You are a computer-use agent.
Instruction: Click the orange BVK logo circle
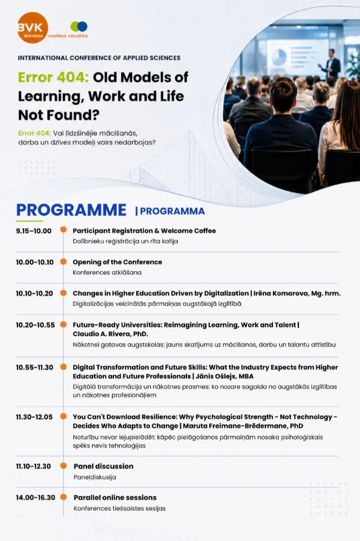pyautogui.click(x=33, y=28)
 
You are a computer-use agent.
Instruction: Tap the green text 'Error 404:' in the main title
pyautogui.click(x=54, y=77)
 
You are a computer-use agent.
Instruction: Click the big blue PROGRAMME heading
pyautogui.click(x=71, y=210)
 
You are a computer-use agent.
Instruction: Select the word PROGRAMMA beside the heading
pyautogui.click(x=172, y=211)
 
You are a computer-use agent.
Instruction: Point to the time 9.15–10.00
pyautogui.click(x=34, y=231)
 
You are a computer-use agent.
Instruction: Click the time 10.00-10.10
pyautogui.click(x=35, y=262)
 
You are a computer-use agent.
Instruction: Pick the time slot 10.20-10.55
pyautogui.click(x=35, y=325)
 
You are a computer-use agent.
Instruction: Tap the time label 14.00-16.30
pyautogui.click(x=36, y=498)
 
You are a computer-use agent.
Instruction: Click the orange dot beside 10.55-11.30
pyautogui.click(x=63, y=367)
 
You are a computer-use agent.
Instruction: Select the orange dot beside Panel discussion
pyautogui.click(x=63, y=466)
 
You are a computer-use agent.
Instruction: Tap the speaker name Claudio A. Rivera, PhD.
pyautogui.click(x=110, y=334)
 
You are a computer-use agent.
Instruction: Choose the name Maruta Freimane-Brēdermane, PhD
pyautogui.click(x=243, y=426)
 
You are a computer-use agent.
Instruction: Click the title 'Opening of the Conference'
pyautogui.click(x=117, y=262)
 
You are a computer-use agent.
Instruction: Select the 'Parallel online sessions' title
pyautogui.click(x=115, y=498)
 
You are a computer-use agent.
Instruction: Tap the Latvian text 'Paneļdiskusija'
pyautogui.click(x=95, y=477)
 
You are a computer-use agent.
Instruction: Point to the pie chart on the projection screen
pyautogui.click(x=278, y=57)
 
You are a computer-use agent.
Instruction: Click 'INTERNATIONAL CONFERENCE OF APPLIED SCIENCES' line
pyautogui.click(x=99, y=58)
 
